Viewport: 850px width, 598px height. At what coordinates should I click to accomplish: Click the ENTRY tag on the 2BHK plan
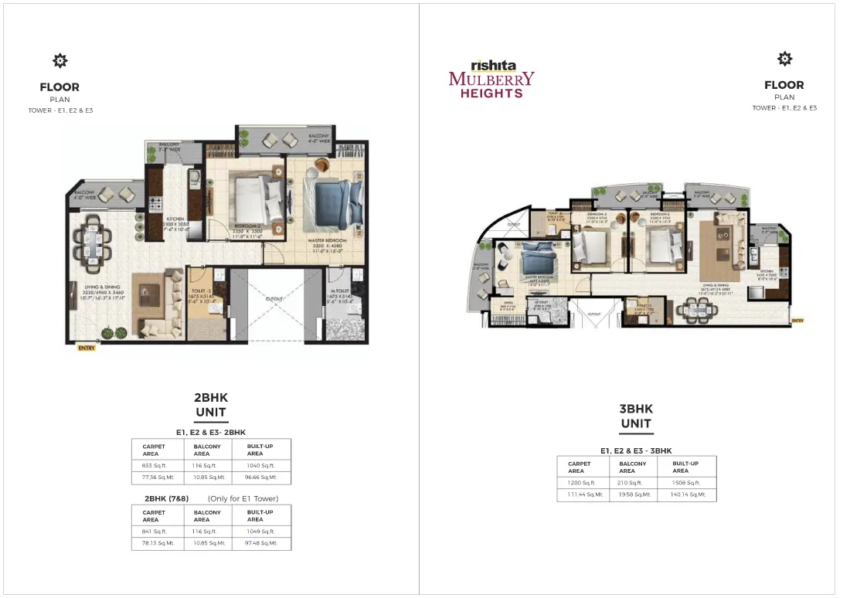point(87,348)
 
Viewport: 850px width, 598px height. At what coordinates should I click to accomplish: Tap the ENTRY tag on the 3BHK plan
point(797,320)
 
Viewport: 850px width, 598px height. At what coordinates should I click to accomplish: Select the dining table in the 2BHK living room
point(92,240)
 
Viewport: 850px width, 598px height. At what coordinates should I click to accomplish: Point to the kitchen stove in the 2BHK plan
point(155,205)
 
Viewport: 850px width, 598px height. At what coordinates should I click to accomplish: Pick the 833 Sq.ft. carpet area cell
point(155,466)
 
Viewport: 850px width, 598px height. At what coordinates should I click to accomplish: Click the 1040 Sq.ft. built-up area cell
point(260,466)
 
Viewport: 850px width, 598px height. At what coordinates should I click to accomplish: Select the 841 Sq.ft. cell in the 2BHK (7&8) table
point(155,531)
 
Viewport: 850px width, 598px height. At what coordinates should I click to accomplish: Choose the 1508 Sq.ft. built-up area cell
point(685,482)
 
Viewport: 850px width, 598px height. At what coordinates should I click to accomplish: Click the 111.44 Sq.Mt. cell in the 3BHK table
point(584,494)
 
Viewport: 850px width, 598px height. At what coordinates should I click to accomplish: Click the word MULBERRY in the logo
point(491,79)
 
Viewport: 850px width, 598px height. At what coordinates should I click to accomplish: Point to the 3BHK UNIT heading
point(636,416)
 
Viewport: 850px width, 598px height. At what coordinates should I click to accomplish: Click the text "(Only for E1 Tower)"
point(243,498)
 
